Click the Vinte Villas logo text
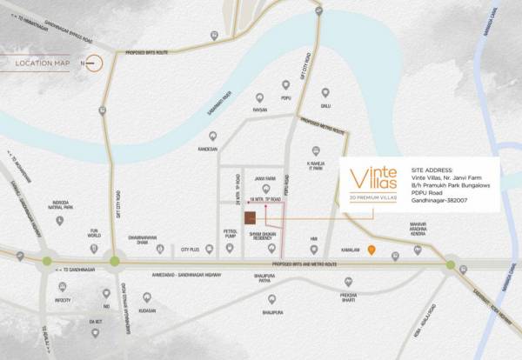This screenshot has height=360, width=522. tap(373, 177)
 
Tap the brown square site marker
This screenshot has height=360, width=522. tap(249, 217)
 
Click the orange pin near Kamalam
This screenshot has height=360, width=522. tap(371, 251)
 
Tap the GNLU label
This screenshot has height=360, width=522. tap(325, 106)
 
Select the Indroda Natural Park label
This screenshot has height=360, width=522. tap(61, 207)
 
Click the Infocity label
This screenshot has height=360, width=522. tap(62, 300)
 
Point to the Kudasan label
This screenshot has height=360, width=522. tap(146, 310)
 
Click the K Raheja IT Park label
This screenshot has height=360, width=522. tap(320, 166)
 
